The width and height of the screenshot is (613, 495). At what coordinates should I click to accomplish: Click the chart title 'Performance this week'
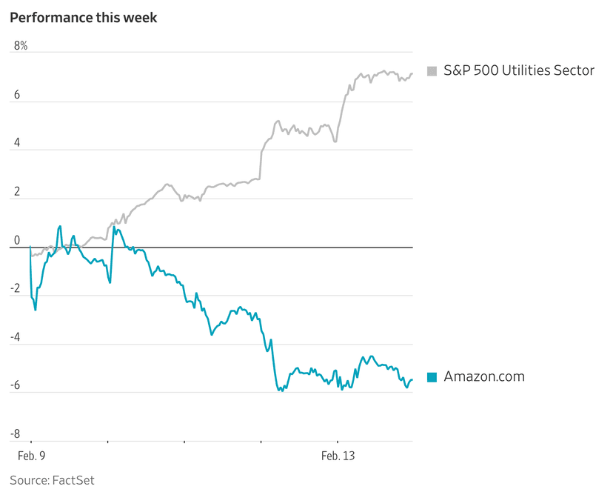84,17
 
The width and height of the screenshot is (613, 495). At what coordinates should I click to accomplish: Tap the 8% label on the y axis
21,46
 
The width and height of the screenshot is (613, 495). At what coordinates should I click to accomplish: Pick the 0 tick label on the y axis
17,240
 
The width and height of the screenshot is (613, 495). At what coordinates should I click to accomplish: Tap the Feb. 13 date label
338,456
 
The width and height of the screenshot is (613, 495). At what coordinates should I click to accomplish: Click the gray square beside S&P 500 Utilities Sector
432,71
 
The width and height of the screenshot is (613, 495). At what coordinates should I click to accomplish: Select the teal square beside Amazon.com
432,377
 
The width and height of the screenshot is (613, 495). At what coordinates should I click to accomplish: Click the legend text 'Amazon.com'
484,376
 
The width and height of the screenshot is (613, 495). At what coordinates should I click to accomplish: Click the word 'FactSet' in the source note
73,480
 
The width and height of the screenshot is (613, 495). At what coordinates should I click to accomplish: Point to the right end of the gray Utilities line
412,73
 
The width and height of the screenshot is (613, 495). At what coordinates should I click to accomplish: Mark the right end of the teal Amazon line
412,380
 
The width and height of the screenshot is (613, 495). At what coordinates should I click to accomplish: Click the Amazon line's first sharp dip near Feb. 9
35,309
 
